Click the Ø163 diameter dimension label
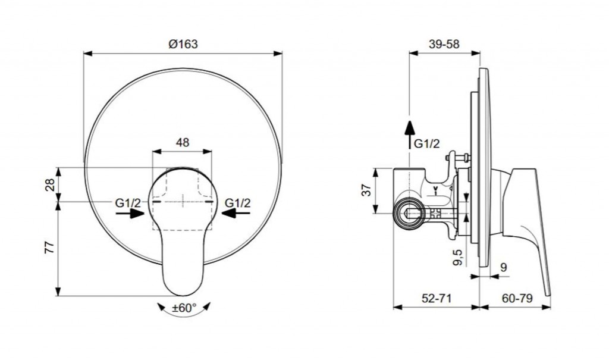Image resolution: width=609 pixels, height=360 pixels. pos(183,44)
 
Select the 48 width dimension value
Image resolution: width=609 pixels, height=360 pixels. pos(183,143)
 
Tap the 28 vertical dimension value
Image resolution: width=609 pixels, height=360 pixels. pos(50,184)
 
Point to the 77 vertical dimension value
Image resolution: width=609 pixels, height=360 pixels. pos(50,248)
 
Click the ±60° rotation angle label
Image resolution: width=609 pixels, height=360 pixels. pos(184,308)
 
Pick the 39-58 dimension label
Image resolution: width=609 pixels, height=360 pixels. pos(444,44)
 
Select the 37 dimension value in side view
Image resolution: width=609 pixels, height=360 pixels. pos(367,190)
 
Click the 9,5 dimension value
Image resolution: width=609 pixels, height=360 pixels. pos(459,257)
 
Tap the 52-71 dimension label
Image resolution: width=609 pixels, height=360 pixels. pos(437,298)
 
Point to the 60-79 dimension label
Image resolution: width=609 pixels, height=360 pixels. pos(517,298)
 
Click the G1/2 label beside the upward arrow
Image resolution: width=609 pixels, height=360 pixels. pos(427,144)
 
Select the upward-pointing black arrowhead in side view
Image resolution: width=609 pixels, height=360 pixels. pos(409,127)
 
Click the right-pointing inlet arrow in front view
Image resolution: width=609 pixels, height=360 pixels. pos(130,213)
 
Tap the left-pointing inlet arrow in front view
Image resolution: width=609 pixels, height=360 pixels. pos(236,213)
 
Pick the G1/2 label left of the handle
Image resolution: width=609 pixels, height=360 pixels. pos(128,202)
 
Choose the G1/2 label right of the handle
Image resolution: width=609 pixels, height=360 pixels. pos(238,202)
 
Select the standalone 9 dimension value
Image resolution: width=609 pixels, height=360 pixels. pos(503,268)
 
